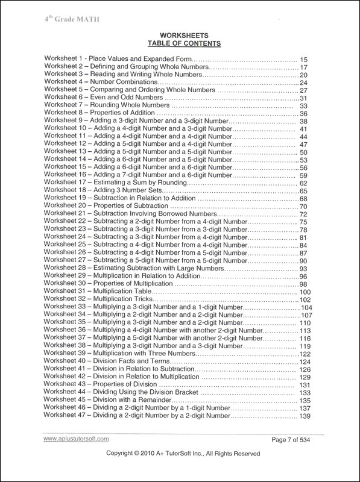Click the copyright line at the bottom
(183, 471)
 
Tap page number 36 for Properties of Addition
(304, 114)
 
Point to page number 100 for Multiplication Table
(305, 292)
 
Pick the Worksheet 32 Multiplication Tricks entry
(99, 299)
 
